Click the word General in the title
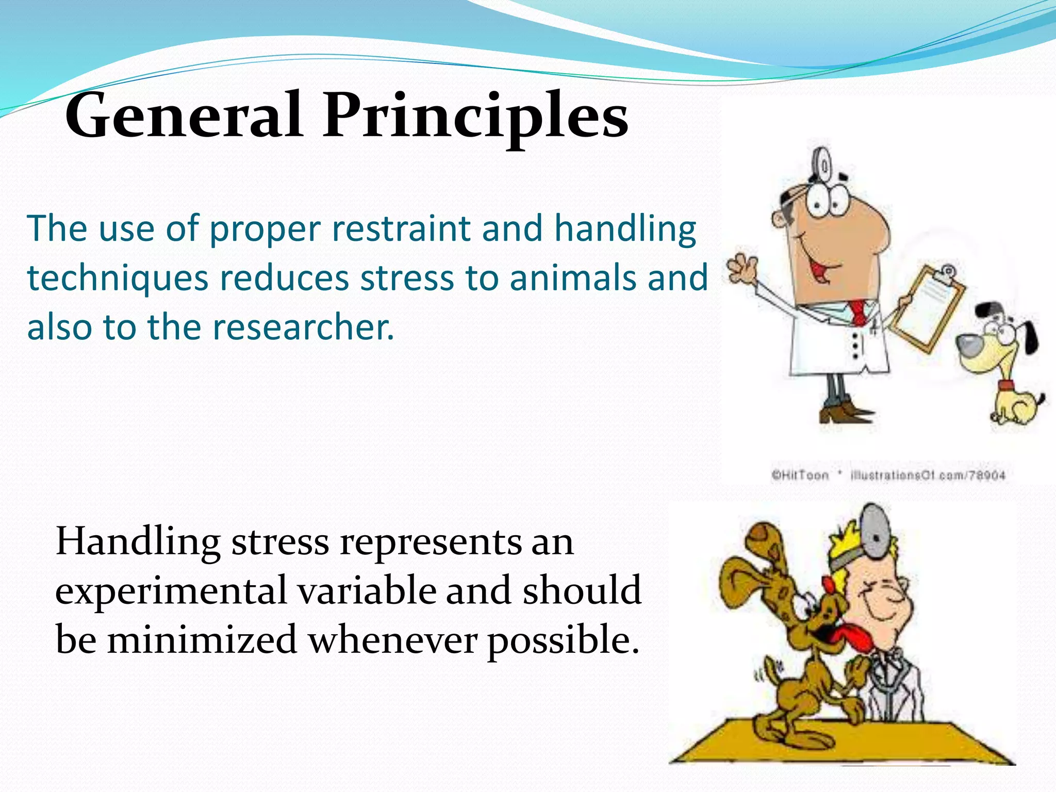tap(183, 116)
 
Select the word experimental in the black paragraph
tap(170, 591)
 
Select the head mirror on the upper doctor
tap(823, 165)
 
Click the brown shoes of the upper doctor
tap(846, 412)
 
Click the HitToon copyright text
tap(800, 475)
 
